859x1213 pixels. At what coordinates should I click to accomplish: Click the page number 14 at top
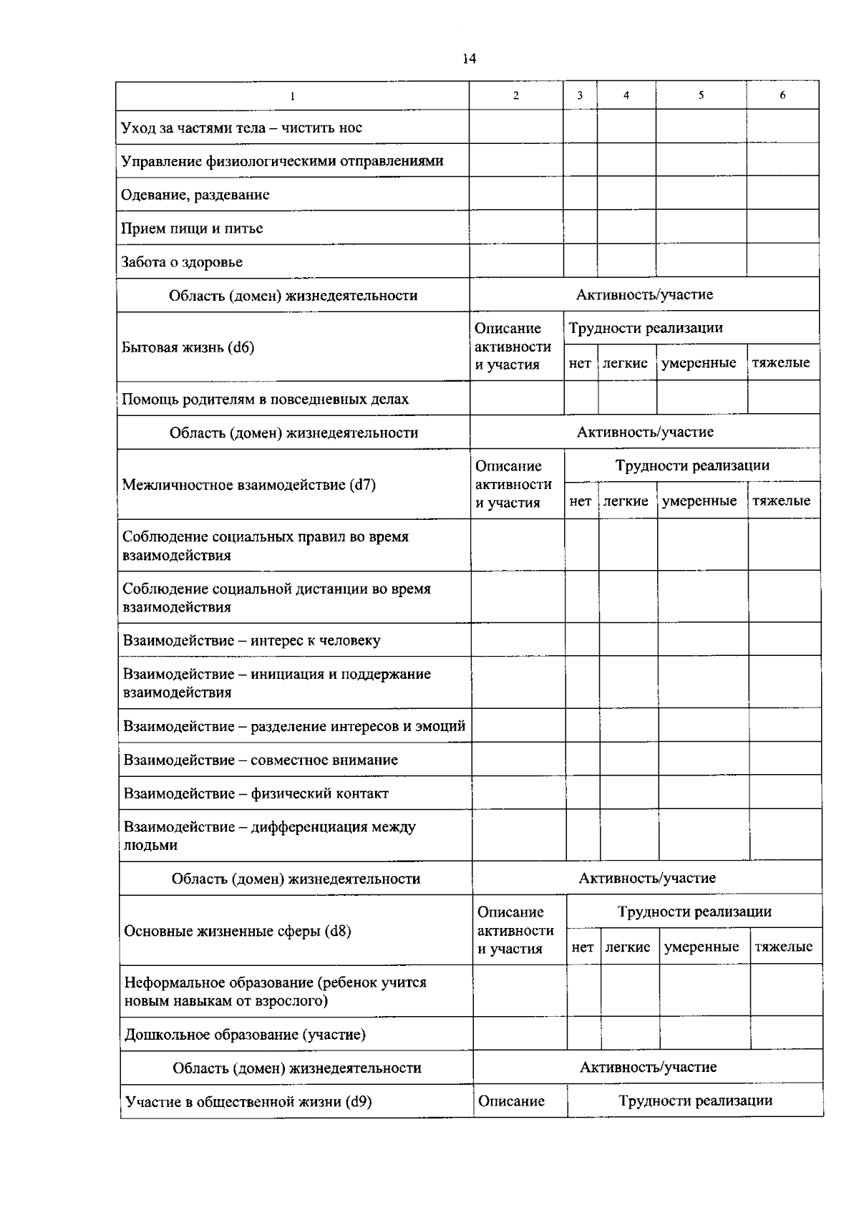(470, 59)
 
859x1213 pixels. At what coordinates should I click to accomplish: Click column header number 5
(701, 95)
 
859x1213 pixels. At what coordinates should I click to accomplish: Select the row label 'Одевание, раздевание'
(195, 195)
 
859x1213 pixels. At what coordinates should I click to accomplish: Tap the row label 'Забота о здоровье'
(182, 262)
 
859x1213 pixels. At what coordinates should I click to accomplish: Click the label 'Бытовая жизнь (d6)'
(188, 348)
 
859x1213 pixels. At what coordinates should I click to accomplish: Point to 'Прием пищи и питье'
(192, 228)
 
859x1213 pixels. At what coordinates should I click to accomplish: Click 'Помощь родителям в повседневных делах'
(265, 400)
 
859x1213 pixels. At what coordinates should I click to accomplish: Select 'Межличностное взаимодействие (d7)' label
(248, 485)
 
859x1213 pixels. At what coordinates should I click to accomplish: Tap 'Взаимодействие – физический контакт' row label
(256, 793)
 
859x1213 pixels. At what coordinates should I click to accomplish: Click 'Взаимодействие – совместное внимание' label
(261, 760)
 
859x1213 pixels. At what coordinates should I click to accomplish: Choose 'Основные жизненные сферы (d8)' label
(237, 931)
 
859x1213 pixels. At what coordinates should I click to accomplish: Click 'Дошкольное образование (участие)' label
(245, 1035)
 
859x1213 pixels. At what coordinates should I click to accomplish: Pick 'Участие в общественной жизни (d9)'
(248, 1102)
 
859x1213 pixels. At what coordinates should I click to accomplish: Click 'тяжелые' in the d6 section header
(781, 362)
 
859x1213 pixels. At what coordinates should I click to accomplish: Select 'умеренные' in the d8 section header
(702, 947)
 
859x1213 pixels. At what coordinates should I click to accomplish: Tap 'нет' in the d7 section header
(581, 501)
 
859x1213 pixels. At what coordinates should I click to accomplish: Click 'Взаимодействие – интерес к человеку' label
(251, 641)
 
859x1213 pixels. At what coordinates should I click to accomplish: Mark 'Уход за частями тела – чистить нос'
(241, 128)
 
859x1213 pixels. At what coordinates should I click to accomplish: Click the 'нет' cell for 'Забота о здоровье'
(581, 261)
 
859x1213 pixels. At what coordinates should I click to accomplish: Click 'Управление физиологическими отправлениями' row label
(282, 161)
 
